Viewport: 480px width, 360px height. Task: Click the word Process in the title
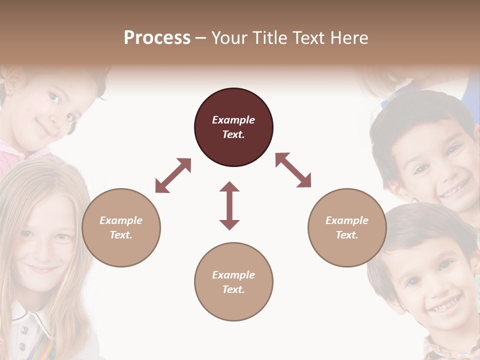coord(157,38)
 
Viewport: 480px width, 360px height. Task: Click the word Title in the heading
coord(270,38)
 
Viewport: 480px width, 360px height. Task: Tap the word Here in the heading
coord(348,38)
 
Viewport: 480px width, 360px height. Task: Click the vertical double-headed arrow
coord(229,205)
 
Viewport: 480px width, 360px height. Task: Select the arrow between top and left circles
coord(173,175)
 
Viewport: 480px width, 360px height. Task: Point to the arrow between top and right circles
coord(293,170)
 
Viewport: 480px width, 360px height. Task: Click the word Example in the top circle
coord(233,120)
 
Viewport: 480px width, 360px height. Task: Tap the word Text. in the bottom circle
coord(233,289)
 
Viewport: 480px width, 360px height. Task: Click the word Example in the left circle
coord(121,220)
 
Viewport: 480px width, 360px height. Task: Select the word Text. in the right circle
coord(347,235)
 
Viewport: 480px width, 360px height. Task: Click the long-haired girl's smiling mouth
coord(43,269)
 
